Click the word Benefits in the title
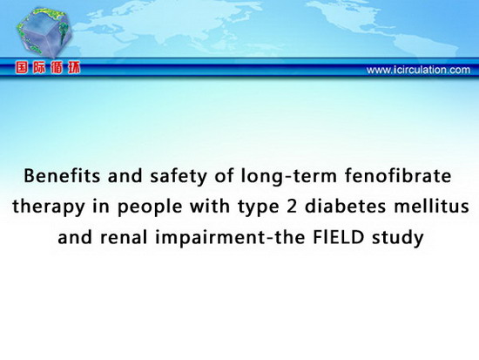pos(62,176)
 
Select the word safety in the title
pos(178,177)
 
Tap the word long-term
pos(288,177)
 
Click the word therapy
pos(48,207)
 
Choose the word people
pos(150,207)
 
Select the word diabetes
pos(345,206)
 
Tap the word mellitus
pos(431,206)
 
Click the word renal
pos(124,237)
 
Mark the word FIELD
pos(339,237)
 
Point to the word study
pos(397,238)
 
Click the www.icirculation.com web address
pos(418,70)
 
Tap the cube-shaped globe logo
pos(44,32)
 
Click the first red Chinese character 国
pos(22,68)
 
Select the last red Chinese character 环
pos(74,68)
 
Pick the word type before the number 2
pos(259,207)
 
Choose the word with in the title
pos(210,206)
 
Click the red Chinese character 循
pos(57,68)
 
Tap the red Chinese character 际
pos(39,68)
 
